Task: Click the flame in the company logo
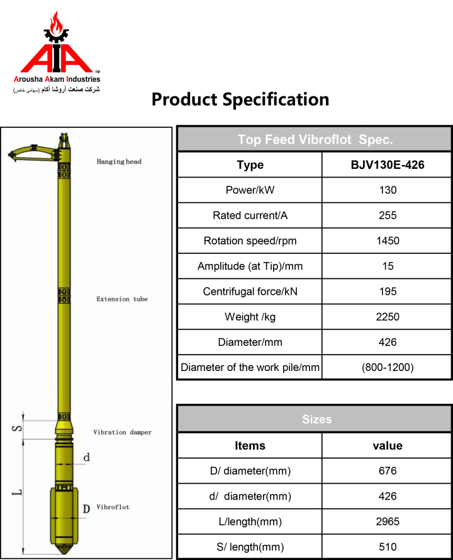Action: [56, 23]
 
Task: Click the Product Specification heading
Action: [240, 100]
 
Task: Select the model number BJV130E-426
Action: [388, 164]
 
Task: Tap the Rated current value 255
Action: [388, 215]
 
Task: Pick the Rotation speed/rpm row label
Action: [250, 241]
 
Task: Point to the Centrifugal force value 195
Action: [388, 292]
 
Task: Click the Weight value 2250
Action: [388, 317]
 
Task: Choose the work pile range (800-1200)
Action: [388, 367]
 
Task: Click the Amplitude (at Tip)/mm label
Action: [250, 266]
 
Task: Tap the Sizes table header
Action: [316, 420]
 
